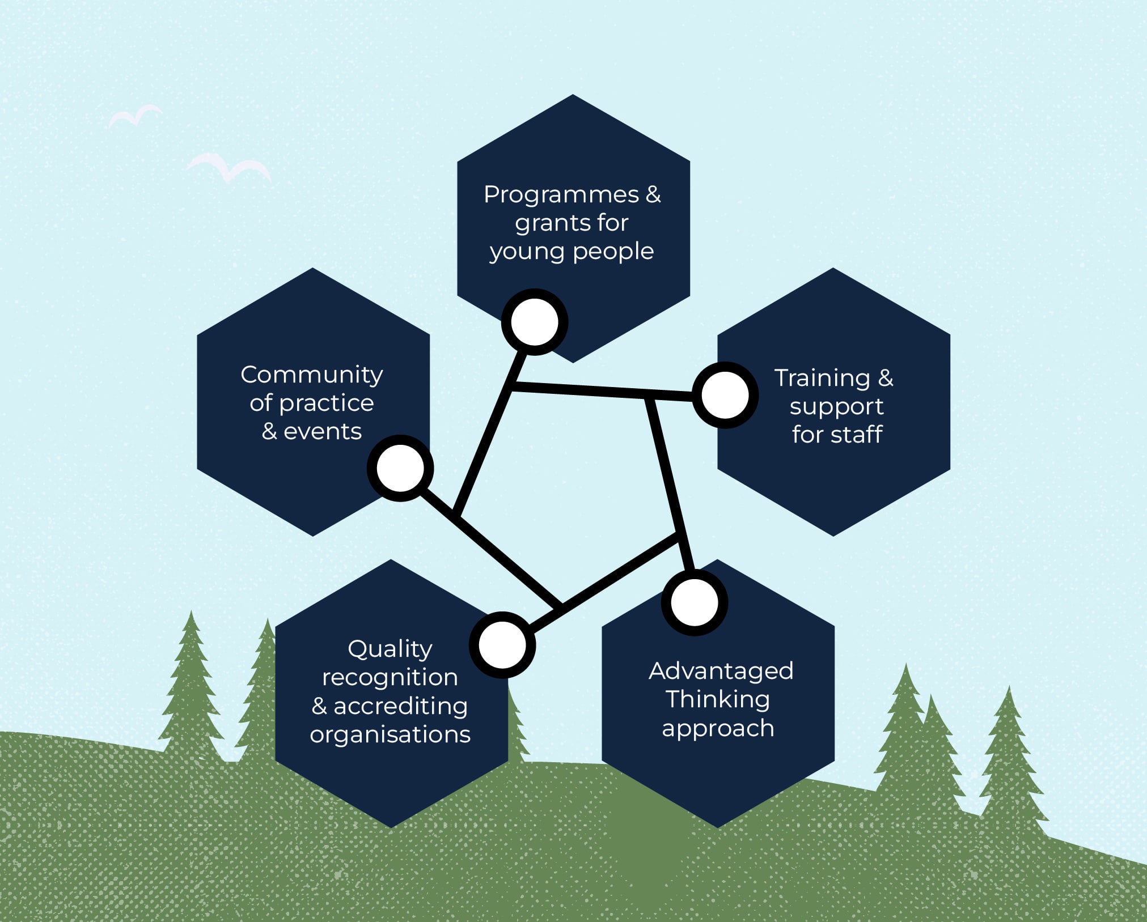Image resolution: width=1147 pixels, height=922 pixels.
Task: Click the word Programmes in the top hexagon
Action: [561, 196]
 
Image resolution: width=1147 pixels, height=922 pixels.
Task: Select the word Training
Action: [822, 379]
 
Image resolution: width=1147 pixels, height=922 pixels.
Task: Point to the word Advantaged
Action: [721, 672]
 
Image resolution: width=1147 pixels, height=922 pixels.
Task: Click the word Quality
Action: [390, 649]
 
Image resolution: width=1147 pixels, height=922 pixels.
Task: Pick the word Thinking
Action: [718, 700]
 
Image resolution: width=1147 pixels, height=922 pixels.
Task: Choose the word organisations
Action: [390, 734]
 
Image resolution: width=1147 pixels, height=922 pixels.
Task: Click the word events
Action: [323, 432]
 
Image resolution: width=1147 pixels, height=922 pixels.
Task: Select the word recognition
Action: [390, 678]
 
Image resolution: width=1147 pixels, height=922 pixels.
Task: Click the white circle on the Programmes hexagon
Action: [535, 322]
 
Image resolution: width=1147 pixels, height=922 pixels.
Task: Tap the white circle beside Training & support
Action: [725, 395]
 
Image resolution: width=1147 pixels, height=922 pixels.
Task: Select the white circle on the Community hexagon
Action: [400, 468]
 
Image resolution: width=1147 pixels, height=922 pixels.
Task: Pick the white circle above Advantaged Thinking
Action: [695, 602]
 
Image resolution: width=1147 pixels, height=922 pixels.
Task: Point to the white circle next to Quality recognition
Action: [502, 645]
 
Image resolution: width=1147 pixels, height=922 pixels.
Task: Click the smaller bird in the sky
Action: [135, 117]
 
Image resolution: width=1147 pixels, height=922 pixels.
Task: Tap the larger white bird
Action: [229, 168]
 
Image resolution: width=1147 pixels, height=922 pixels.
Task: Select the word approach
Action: [718, 729]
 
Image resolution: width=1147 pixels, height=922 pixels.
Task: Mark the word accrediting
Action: [401, 707]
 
